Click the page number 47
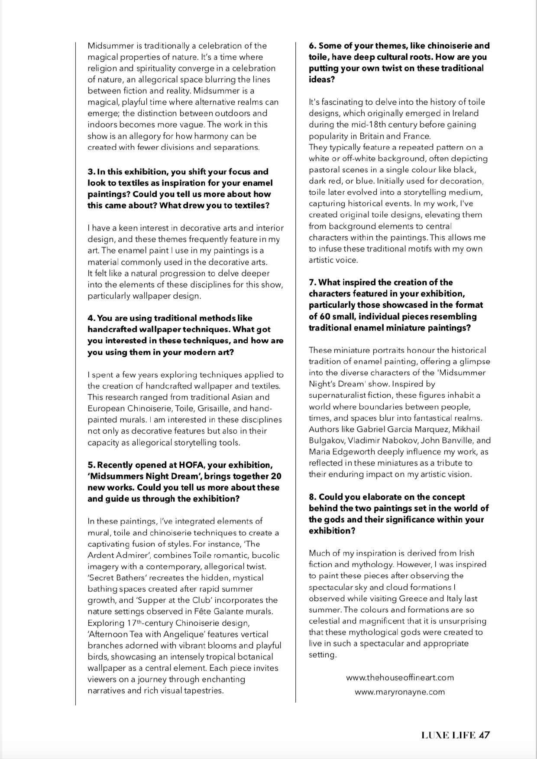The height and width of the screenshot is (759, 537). (x=484, y=735)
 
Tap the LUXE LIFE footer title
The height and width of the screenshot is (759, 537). (x=448, y=735)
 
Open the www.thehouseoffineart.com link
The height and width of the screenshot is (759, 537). (x=400, y=677)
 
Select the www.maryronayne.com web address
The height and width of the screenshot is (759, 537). (x=400, y=691)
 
